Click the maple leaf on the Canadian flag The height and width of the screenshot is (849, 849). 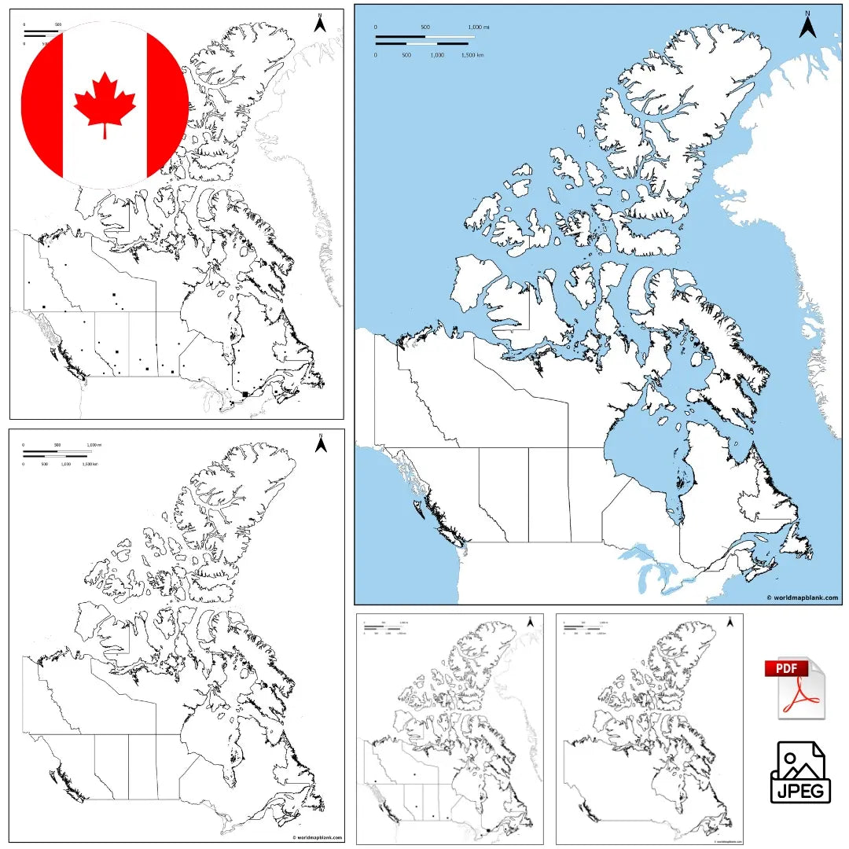pos(105,103)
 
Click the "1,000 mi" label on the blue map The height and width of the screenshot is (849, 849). pos(478,28)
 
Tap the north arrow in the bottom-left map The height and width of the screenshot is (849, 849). pos(320,444)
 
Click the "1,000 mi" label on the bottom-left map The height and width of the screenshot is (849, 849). pos(94,446)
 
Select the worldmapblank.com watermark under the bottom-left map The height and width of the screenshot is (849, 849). pos(317,838)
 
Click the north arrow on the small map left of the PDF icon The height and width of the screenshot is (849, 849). pos(731,623)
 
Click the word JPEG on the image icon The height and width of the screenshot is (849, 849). pos(799,789)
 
